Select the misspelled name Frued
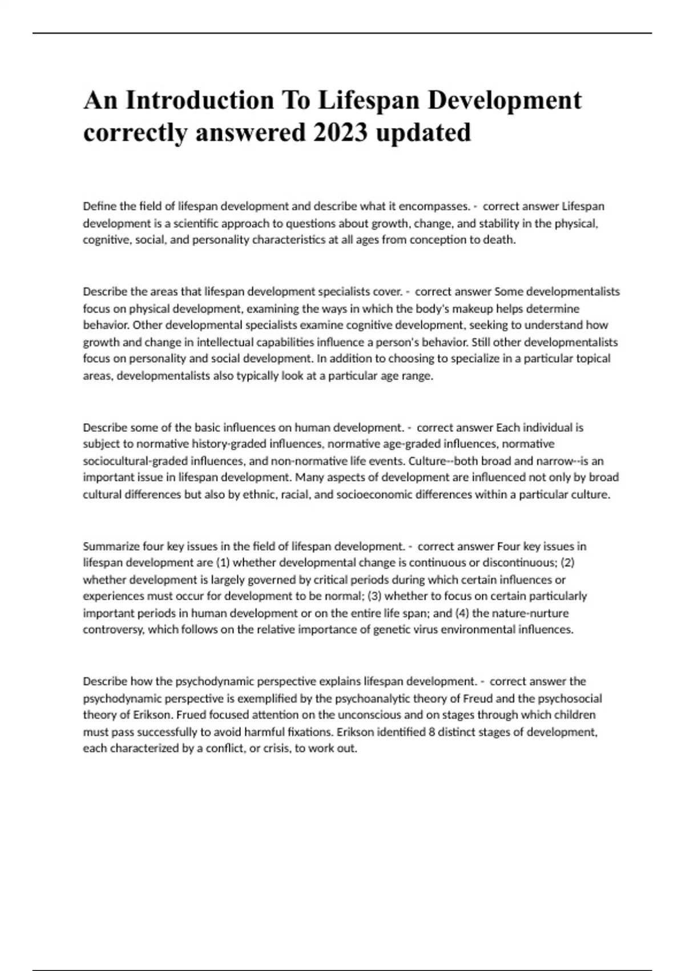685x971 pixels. coord(191,715)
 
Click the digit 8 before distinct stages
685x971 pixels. coord(432,732)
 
